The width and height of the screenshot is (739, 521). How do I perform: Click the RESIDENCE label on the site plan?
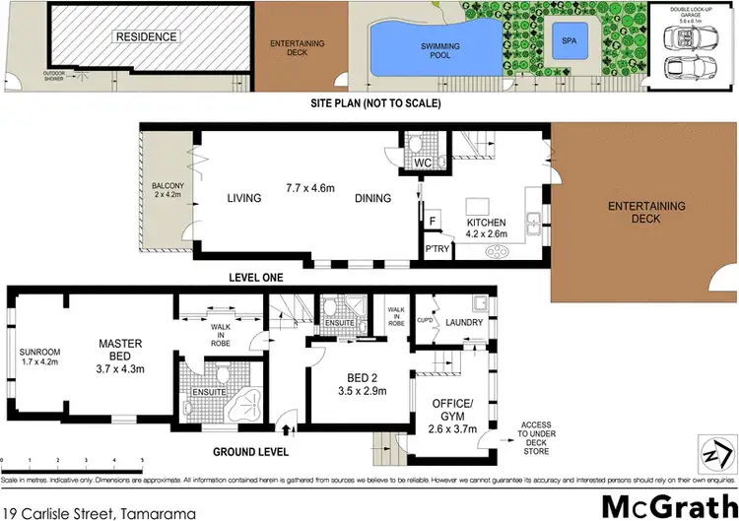click(147, 37)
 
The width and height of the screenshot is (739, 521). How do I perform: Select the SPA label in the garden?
click(570, 41)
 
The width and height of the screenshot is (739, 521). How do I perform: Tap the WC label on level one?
click(424, 163)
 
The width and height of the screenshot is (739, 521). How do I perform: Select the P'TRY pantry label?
click(437, 248)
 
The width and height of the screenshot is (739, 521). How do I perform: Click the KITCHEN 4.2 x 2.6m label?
click(485, 228)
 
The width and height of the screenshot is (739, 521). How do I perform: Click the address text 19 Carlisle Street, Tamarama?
click(99, 512)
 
